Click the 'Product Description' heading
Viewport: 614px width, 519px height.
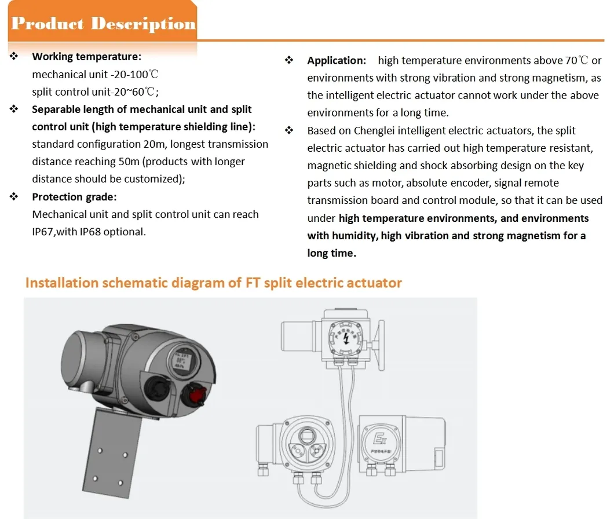click(x=103, y=24)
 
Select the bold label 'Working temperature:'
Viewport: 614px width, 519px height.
click(x=86, y=57)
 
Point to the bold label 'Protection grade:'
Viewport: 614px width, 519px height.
click(x=74, y=197)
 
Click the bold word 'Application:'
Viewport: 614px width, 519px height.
click(x=337, y=61)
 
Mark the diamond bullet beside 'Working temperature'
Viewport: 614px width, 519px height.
click(x=14, y=57)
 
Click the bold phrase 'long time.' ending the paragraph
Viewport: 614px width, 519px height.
click(x=331, y=253)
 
